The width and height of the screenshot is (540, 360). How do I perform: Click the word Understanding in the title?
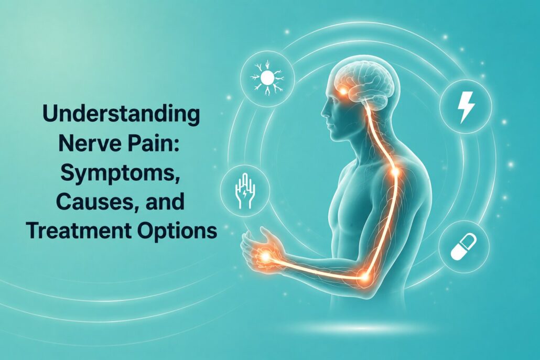point(121,115)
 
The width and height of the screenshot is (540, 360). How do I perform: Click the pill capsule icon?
point(464,247)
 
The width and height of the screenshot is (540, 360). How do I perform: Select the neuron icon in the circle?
point(267,79)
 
